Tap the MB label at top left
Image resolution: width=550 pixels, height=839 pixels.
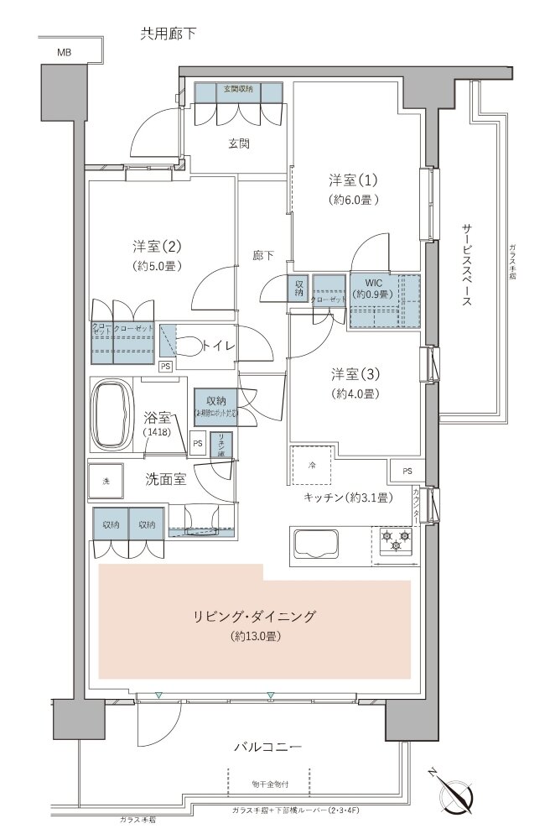pos(64,52)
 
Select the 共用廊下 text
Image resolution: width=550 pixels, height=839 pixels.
pos(168,33)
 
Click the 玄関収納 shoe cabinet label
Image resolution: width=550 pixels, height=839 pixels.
pos(238,89)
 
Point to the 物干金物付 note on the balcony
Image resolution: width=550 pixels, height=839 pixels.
pos(269,784)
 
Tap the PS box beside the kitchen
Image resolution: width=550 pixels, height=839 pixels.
pos(407,471)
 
